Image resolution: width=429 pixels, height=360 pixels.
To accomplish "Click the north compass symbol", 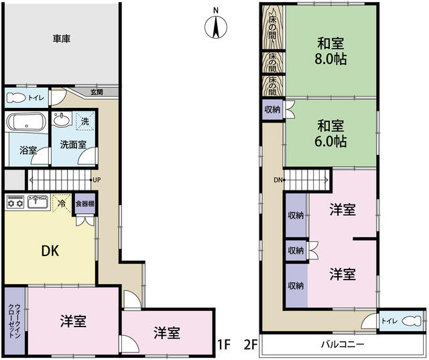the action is click(x=216, y=27).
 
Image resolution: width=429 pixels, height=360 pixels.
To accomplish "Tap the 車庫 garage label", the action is click(x=62, y=39).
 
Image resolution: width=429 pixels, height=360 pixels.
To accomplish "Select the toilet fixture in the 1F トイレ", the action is click(x=16, y=98).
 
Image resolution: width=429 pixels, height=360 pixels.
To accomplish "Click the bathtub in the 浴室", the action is click(x=26, y=122).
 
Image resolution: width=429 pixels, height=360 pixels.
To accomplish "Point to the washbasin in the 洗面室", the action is click(x=62, y=119).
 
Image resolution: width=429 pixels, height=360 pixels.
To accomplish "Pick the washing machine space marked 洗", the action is click(x=85, y=121).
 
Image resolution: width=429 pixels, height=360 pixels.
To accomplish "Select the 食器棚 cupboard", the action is click(x=85, y=204).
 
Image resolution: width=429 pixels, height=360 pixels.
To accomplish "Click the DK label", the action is click(x=50, y=251).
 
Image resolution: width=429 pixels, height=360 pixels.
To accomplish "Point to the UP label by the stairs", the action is click(x=97, y=180).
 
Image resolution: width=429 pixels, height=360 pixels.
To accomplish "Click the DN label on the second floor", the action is click(x=278, y=180).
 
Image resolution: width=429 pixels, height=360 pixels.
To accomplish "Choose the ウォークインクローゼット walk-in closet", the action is click(x=15, y=320).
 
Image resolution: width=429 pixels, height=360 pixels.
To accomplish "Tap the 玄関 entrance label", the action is click(x=97, y=93).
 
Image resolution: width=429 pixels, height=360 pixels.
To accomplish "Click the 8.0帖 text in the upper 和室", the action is click(x=330, y=59).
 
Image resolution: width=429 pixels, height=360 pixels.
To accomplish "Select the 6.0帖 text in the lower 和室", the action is click(x=330, y=141).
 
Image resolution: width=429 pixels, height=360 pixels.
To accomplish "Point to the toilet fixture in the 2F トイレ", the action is click(x=411, y=321).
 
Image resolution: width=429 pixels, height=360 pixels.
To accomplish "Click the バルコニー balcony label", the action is click(x=343, y=344).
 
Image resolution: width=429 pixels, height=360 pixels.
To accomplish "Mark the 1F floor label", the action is click(x=224, y=345).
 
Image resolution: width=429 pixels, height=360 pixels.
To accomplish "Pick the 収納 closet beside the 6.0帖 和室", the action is click(x=272, y=109).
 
